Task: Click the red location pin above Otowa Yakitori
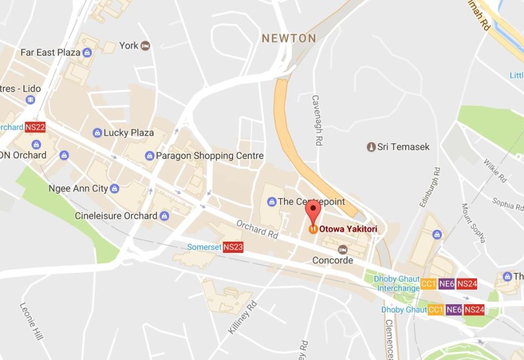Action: click(x=314, y=212)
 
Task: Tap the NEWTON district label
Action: click(x=289, y=39)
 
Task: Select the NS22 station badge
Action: click(x=35, y=127)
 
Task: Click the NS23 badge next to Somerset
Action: click(x=233, y=247)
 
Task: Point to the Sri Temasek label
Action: click(x=403, y=147)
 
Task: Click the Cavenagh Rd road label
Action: click(x=316, y=121)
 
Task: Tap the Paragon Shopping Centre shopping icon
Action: click(x=150, y=156)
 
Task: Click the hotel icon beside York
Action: click(x=146, y=45)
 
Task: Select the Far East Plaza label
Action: click(x=50, y=52)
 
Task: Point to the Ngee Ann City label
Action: click(x=78, y=188)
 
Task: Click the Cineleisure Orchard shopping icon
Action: click(x=164, y=216)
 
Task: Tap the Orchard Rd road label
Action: click(x=257, y=229)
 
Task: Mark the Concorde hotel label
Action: click(x=333, y=260)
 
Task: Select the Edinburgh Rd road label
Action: click(x=429, y=188)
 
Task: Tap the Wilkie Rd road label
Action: click(x=495, y=171)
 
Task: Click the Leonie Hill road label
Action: click(x=31, y=322)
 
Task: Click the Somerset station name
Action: click(x=204, y=247)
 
